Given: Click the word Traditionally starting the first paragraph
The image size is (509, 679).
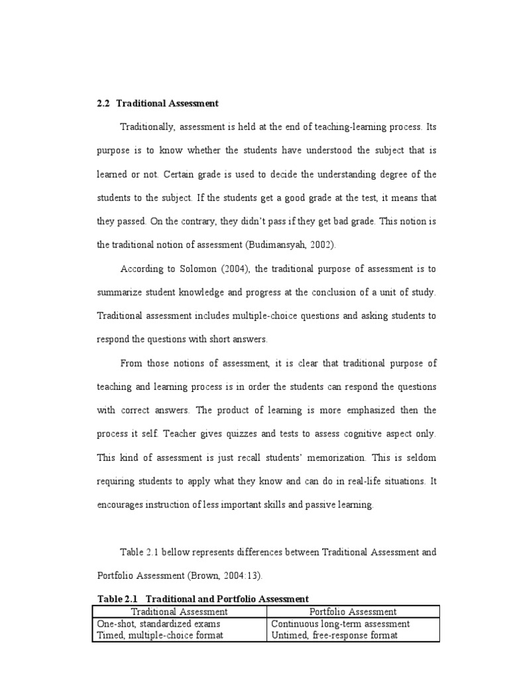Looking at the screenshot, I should pos(147,127).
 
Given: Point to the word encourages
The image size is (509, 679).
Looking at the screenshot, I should pos(123,505).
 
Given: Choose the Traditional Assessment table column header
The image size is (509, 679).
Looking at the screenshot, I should pos(180,611).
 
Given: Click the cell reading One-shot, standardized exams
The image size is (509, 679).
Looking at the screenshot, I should pos(158,623).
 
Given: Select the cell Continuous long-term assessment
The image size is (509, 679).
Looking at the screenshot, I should pos(340,623).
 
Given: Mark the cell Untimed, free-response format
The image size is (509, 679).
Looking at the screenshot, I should pos(333,635).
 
